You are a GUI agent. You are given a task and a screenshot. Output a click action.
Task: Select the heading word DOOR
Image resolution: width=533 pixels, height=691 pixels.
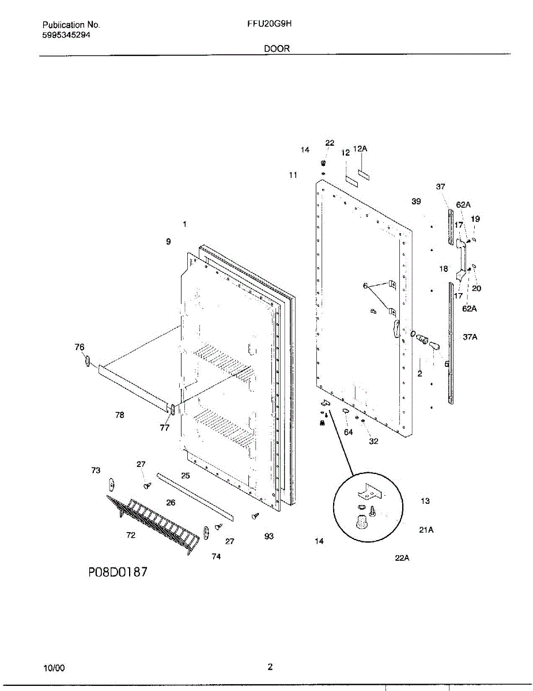(x=277, y=49)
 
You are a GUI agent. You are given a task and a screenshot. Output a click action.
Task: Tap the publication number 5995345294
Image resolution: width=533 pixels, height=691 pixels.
(x=66, y=35)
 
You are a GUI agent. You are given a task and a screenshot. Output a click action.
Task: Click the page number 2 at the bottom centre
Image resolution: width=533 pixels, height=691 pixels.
(x=270, y=667)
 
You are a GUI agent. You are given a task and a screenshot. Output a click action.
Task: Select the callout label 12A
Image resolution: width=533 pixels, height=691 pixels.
(x=360, y=149)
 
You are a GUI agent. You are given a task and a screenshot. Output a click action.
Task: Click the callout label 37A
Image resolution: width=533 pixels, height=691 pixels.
(x=470, y=337)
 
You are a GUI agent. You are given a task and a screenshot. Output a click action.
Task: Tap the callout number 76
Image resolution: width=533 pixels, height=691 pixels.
(x=80, y=347)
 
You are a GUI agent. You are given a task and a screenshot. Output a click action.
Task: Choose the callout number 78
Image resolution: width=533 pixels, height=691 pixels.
(x=119, y=415)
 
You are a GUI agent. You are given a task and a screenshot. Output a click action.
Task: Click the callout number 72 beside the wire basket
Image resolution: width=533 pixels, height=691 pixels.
(x=131, y=535)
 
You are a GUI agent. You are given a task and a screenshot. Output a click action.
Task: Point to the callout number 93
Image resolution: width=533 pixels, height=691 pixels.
(x=269, y=536)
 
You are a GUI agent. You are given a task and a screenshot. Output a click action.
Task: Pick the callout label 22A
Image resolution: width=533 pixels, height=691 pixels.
(x=402, y=557)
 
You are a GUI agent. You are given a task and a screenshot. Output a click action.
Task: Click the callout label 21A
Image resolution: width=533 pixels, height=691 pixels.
(x=426, y=530)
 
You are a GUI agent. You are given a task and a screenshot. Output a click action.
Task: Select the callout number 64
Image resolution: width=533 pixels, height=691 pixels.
(x=348, y=432)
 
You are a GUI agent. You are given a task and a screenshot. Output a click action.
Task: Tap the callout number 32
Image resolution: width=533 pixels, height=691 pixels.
(x=373, y=442)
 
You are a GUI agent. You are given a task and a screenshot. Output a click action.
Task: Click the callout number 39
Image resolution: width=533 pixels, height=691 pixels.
(x=416, y=201)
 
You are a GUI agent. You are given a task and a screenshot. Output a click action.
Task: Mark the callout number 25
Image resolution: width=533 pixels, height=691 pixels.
(x=185, y=475)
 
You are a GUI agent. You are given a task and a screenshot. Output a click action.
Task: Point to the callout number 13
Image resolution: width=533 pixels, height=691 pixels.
(x=425, y=501)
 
